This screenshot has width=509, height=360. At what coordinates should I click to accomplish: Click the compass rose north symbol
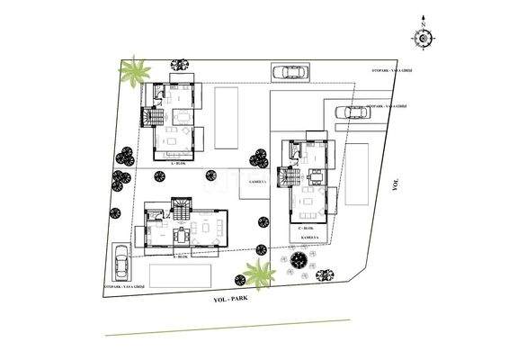pyautogui.click(x=422, y=37)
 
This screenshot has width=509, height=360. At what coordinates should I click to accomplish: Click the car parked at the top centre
pyautogui.click(x=288, y=72)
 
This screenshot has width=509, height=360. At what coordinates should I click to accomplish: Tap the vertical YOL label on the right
pyautogui.click(x=396, y=184)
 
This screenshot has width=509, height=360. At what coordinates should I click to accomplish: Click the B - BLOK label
pyautogui.click(x=180, y=256)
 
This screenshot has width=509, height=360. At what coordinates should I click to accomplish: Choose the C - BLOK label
pyautogui.click(x=305, y=229)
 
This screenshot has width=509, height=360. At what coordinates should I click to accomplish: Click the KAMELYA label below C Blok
pyautogui.click(x=314, y=237)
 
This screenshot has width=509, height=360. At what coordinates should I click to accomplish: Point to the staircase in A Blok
pyautogui.click(x=153, y=117)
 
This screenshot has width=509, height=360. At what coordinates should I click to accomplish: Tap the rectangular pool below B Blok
pyautogui.click(x=181, y=275)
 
